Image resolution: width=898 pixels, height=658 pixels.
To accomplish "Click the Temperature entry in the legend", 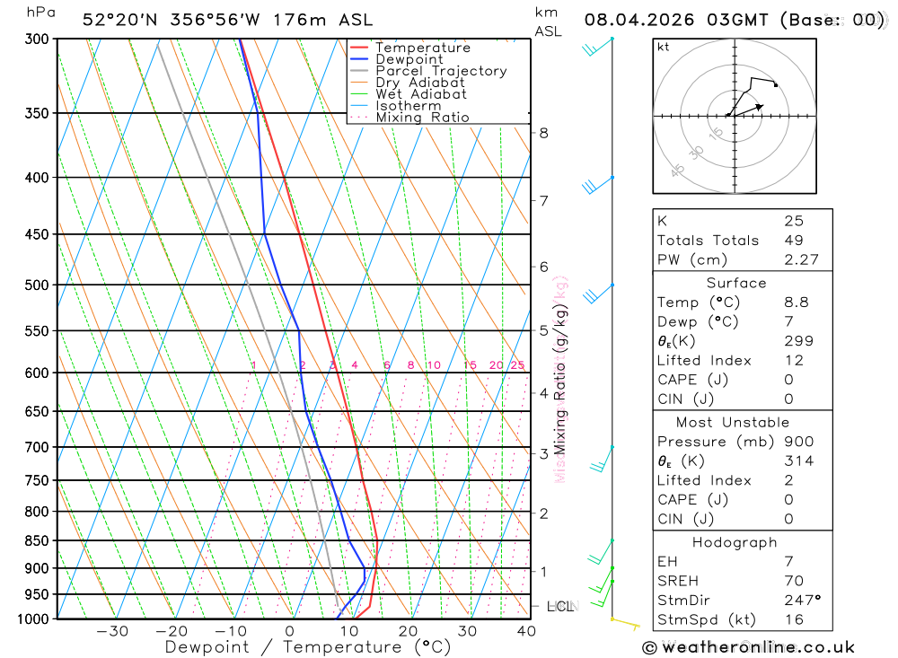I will tap(422, 48).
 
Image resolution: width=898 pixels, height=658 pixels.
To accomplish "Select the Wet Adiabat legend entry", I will tap(420, 94).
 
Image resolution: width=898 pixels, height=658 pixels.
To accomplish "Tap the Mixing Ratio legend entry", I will tap(422, 118).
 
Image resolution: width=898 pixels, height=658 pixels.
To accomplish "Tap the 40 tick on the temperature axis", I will tap(526, 632).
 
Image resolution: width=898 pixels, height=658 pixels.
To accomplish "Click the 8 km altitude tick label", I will tap(543, 133).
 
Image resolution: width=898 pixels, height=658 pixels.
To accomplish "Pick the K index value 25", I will tap(793, 221).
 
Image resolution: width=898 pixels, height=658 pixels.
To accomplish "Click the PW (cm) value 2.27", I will tap(798, 260).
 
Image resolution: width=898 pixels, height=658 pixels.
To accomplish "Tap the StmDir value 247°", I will tap(801, 601).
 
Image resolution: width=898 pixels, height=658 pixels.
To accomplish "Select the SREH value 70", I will tap(793, 581).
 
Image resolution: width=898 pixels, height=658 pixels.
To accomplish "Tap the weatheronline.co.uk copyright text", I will tap(748, 647).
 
